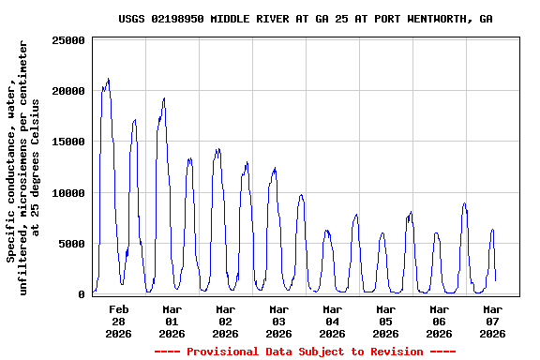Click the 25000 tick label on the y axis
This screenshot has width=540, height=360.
(68, 40)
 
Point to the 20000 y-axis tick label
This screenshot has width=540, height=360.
(68, 91)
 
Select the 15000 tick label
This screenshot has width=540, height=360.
(68, 142)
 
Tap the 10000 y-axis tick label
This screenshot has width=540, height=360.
(68, 193)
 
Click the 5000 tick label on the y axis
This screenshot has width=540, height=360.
(72, 244)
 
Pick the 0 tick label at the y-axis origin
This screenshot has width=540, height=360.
(82, 294)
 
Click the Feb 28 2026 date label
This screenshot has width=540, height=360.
(118, 321)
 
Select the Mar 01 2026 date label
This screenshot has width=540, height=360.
(172, 321)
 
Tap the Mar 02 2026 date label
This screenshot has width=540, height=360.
(225, 321)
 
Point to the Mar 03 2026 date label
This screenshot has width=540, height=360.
(278, 321)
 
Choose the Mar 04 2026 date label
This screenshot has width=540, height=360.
(332, 321)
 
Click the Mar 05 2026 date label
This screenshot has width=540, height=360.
(385, 321)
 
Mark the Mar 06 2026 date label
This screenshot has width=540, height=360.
(439, 321)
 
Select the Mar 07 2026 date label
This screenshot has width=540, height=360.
(492, 321)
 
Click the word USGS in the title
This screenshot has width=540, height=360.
(132, 19)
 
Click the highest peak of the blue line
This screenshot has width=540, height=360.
(108, 79)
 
